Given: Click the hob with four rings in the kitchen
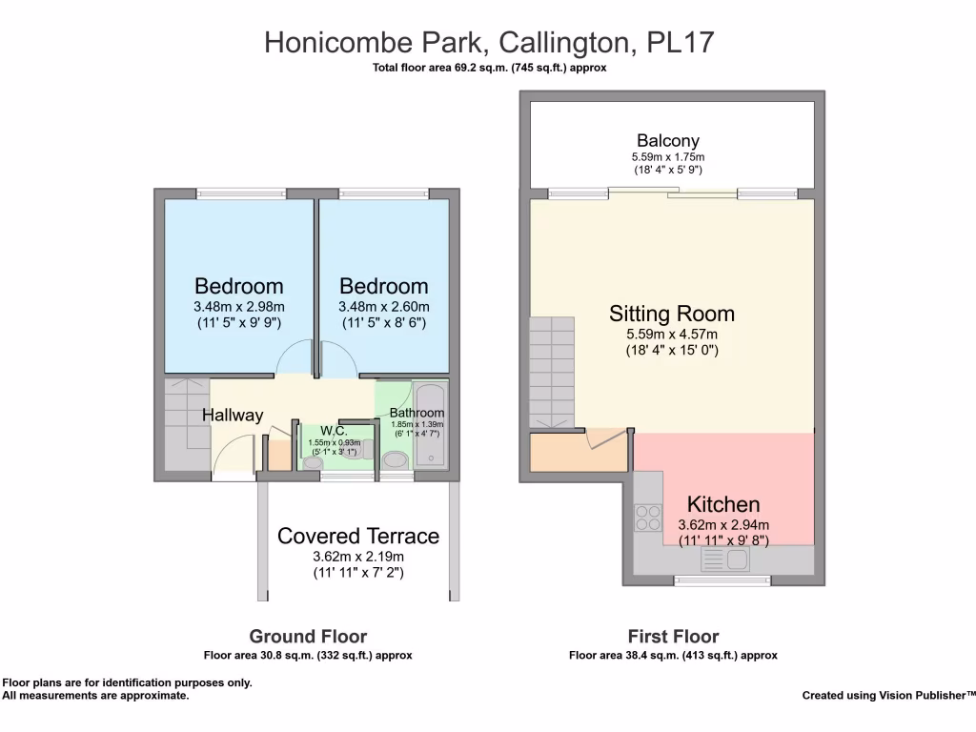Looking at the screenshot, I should [648, 517].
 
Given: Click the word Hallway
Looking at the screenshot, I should [233, 416].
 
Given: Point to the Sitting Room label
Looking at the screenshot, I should [672, 314].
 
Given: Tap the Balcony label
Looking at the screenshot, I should [668, 141].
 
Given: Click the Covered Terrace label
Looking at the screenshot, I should [358, 537].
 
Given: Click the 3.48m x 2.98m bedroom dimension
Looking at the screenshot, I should [239, 307].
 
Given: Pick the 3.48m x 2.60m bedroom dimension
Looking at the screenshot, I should [384, 307].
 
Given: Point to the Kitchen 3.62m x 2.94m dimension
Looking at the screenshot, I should [723, 525].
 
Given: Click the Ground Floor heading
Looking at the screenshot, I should [308, 637].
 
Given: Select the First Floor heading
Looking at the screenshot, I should [673, 637].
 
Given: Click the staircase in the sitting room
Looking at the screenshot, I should [553, 372].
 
